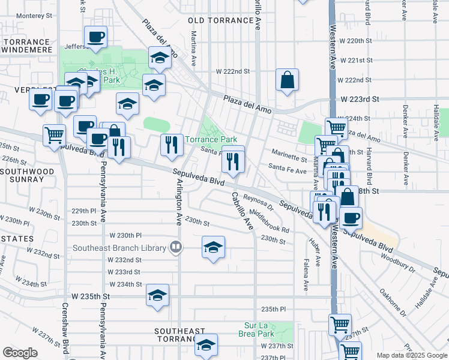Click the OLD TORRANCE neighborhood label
tap(221, 20)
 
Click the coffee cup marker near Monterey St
tap(95, 37)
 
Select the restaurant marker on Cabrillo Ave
tap(232, 160)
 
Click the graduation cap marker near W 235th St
tap(157, 295)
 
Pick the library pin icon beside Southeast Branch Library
tap(175, 246)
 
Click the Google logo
tap(20, 353)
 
